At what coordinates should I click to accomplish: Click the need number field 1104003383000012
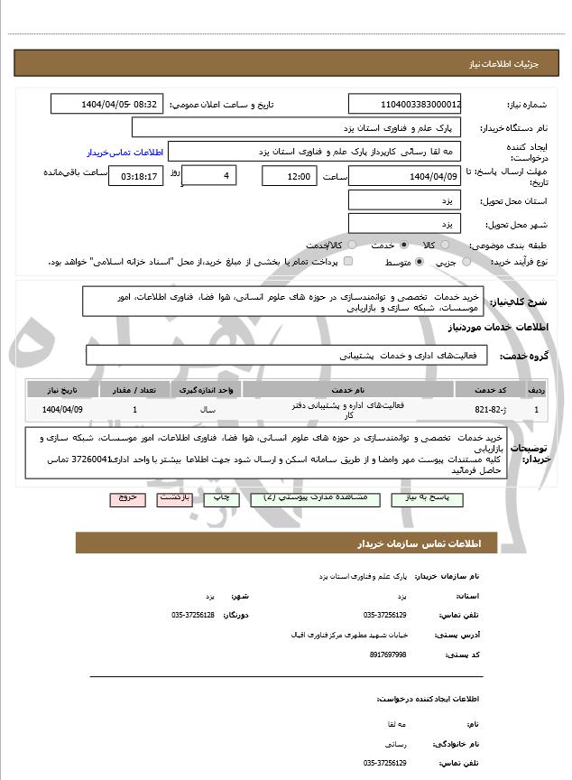[405, 104]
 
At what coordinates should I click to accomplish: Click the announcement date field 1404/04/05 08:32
[107, 104]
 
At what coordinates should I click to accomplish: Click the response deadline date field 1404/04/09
[405, 176]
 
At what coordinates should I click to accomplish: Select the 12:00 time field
[290, 176]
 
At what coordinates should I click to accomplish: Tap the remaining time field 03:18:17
[136, 176]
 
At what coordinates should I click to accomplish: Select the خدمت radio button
[403, 245]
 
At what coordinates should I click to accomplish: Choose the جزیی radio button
[466, 262]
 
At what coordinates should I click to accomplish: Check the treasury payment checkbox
[348, 262]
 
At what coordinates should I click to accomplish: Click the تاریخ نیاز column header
[62, 389]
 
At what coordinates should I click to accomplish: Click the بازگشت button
[174, 498]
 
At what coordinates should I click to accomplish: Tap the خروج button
[127, 498]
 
